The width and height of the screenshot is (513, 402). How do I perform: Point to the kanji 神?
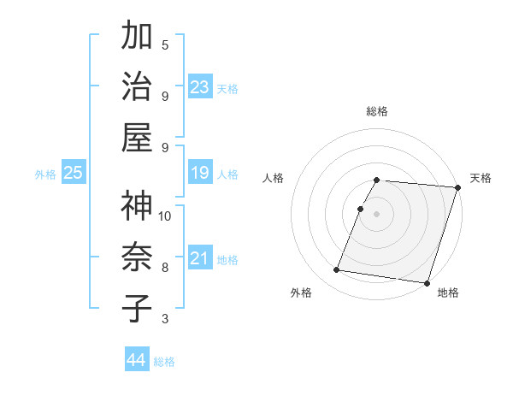click(138, 206)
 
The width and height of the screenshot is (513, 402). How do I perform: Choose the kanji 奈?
click(138, 257)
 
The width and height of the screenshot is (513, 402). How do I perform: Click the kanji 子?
click(138, 307)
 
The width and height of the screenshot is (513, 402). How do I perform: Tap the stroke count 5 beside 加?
click(165, 44)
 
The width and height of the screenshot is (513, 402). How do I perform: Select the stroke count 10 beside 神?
click(165, 216)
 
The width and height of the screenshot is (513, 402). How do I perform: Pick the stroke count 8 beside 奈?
click(165, 267)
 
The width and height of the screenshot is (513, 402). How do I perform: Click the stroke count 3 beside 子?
click(165, 319)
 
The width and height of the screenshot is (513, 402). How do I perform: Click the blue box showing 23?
click(200, 87)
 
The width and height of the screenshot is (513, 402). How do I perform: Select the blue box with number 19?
click(200, 174)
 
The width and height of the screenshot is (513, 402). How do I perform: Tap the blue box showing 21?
click(200, 258)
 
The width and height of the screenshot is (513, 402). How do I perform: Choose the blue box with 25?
click(73, 174)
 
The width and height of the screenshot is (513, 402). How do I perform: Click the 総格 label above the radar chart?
click(377, 111)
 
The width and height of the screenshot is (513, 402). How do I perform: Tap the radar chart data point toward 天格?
click(457, 188)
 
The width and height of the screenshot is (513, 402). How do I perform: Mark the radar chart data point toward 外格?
click(337, 270)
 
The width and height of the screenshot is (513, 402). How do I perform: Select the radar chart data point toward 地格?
click(427, 282)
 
